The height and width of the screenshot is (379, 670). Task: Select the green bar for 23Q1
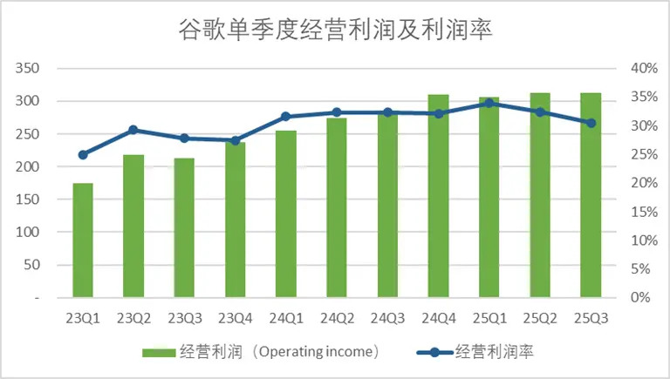pyautogui.click(x=83, y=240)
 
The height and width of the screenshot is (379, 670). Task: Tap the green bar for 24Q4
pyautogui.click(x=438, y=196)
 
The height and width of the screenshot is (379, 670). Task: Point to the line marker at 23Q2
pyautogui.click(x=133, y=130)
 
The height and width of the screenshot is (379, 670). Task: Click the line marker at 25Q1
pyautogui.click(x=489, y=103)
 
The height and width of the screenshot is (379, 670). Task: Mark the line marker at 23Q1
pyautogui.click(x=83, y=155)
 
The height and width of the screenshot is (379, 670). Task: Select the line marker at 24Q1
pyautogui.click(x=285, y=116)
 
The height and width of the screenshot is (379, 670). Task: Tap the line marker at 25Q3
pyautogui.click(x=591, y=123)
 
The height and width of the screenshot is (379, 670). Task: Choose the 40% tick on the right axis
pyautogui.click(x=643, y=69)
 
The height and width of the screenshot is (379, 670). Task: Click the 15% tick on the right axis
pyautogui.click(x=643, y=212)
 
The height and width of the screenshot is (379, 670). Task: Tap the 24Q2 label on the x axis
pyautogui.click(x=337, y=318)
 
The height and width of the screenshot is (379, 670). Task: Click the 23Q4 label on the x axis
pyautogui.click(x=235, y=318)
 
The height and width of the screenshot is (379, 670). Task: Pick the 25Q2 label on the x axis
pyautogui.click(x=540, y=318)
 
